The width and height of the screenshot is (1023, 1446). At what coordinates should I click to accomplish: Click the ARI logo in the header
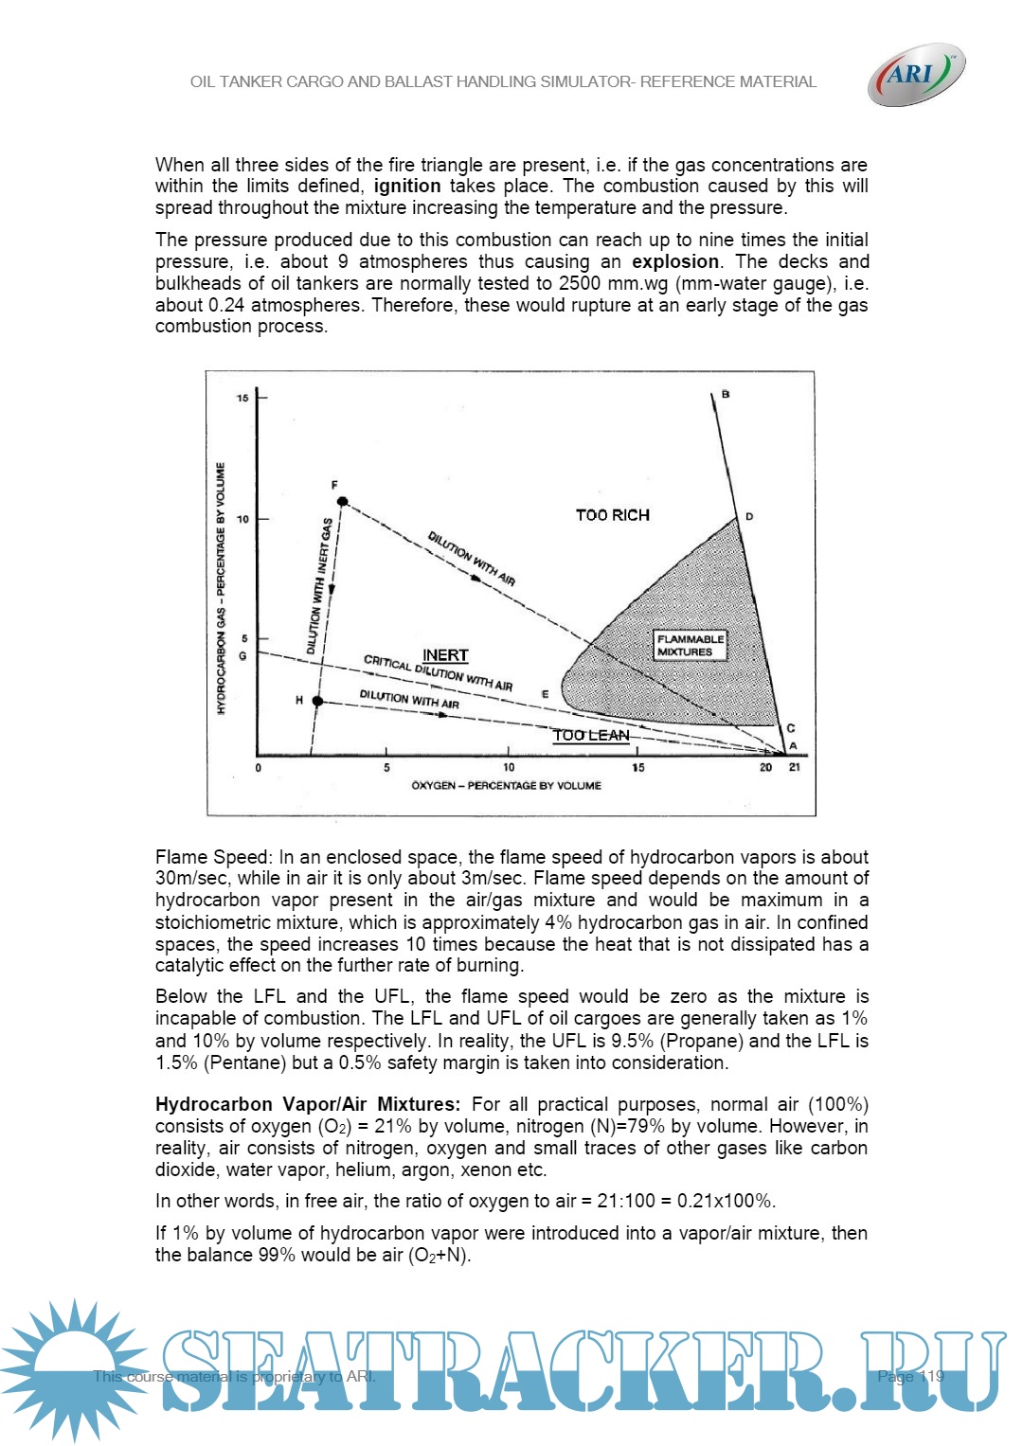(915, 74)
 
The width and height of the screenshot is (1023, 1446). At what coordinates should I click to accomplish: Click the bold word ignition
(407, 187)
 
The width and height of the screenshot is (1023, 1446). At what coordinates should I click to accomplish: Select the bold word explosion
(675, 262)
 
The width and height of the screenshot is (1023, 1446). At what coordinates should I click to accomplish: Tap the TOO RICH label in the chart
(613, 515)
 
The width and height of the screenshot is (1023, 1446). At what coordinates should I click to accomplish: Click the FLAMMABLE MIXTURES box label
(691, 646)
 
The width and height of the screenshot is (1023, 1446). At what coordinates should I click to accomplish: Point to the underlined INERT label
(445, 655)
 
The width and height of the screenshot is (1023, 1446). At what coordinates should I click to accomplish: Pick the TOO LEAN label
(591, 735)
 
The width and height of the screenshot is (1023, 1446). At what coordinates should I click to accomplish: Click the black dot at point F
(343, 502)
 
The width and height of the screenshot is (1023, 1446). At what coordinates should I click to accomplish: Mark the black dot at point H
(318, 702)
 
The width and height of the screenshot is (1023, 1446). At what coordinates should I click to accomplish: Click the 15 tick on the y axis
(243, 398)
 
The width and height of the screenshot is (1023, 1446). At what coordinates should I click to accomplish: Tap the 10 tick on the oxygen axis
(509, 767)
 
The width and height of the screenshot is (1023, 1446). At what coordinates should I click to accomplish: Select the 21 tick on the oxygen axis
(795, 767)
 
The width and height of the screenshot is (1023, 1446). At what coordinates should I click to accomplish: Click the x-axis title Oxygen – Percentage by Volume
(506, 786)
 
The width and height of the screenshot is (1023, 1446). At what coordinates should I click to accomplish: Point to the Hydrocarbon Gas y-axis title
(222, 588)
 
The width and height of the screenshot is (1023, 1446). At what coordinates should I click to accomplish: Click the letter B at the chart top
(726, 394)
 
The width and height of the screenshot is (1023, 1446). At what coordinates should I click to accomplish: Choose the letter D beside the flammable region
(749, 517)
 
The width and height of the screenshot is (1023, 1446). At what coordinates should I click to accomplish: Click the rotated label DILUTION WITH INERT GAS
(319, 586)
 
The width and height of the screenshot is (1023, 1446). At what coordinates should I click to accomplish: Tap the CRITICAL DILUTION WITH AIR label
(438, 672)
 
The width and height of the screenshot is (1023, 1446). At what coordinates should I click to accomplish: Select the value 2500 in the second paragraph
(580, 284)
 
